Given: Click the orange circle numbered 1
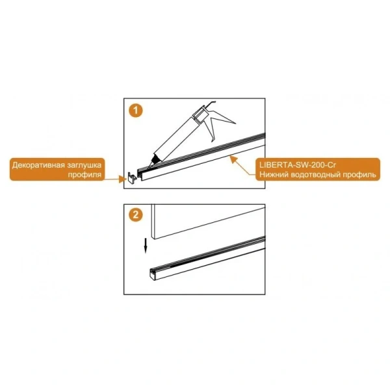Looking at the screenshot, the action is click(x=136, y=110).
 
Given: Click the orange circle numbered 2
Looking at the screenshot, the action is click(x=136, y=214).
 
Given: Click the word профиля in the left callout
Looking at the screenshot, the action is click(x=84, y=175).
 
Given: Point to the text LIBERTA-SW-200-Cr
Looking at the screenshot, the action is click(x=298, y=165).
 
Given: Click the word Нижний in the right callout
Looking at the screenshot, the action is click(x=274, y=175).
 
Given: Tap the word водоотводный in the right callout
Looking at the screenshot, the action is click(x=315, y=175).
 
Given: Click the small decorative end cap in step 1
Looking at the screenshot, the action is click(x=132, y=177).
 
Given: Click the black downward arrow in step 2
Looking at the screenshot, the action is click(x=146, y=246).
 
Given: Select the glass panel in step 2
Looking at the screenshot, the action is click(x=208, y=222).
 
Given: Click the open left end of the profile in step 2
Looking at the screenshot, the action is click(x=153, y=274).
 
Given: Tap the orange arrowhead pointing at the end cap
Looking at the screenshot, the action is click(x=123, y=179).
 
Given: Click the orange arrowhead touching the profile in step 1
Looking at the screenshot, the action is click(x=233, y=159).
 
